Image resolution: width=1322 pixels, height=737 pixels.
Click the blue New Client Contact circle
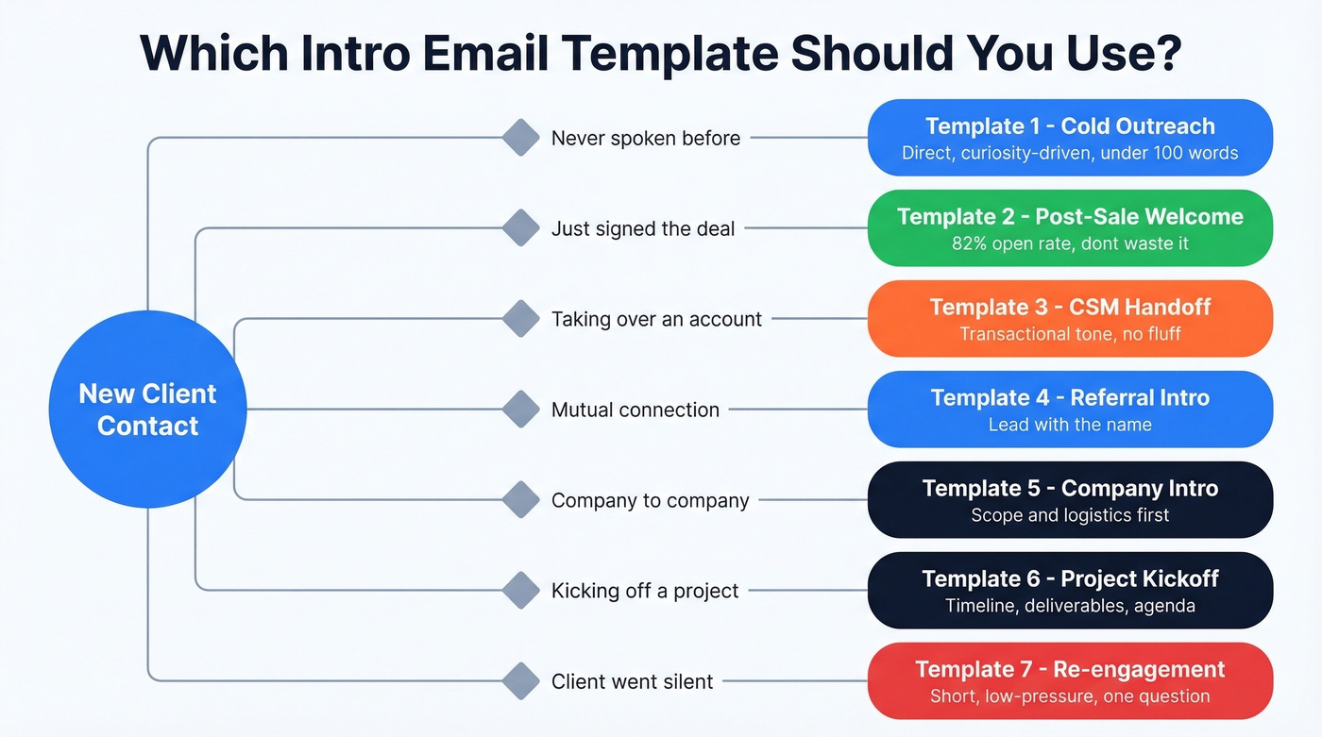[x=147, y=410]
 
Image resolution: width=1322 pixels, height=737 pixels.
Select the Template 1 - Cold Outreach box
[x=1070, y=138]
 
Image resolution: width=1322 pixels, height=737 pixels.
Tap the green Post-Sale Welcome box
[x=1070, y=228]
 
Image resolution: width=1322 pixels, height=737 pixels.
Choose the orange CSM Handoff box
[x=1070, y=319]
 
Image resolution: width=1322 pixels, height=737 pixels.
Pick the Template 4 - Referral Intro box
[x=1070, y=410]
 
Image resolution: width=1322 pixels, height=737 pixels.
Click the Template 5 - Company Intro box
[x=1070, y=500]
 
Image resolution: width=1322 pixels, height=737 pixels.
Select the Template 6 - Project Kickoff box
[x=1070, y=591]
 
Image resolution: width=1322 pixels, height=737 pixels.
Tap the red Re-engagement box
[x=1070, y=681]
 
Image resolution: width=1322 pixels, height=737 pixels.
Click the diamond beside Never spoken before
[x=520, y=138]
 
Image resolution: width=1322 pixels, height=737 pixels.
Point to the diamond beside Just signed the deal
[x=520, y=228]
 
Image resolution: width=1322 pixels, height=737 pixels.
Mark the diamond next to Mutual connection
[x=520, y=410]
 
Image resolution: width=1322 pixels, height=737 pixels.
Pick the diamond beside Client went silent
[x=520, y=681]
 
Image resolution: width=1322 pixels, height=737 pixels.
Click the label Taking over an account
[x=656, y=319]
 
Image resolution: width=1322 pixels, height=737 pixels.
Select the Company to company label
[x=650, y=500]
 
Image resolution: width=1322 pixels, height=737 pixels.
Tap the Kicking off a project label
[x=645, y=591]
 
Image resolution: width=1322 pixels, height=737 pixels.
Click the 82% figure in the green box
[x=972, y=243]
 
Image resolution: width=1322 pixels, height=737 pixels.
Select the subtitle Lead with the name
[x=1070, y=425]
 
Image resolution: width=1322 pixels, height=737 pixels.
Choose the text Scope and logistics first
[x=1070, y=515]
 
